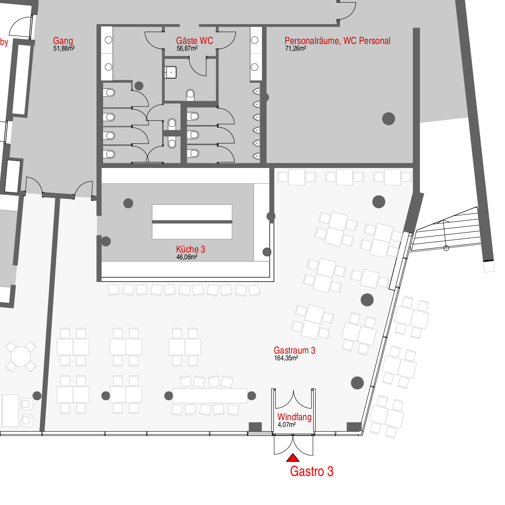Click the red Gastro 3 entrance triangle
[293, 458]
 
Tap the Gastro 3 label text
[312, 471]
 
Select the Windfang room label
[294, 417]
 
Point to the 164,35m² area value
[286, 358]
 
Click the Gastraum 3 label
[294, 350]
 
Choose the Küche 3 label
[190, 249]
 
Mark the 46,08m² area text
[187, 257]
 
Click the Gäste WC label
[194, 41]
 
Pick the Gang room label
[63, 41]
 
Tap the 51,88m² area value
[64, 48]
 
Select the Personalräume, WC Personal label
[337, 41]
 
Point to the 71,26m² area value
[296, 48]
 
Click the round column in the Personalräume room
[388, 119]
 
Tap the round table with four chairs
[21, 357]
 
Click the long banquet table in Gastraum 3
[210, 395]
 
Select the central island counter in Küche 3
[192, 222]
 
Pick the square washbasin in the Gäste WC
[171, 72]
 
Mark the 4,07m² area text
[287, 425]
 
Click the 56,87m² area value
[187, 48]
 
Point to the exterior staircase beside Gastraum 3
[446, 230]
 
